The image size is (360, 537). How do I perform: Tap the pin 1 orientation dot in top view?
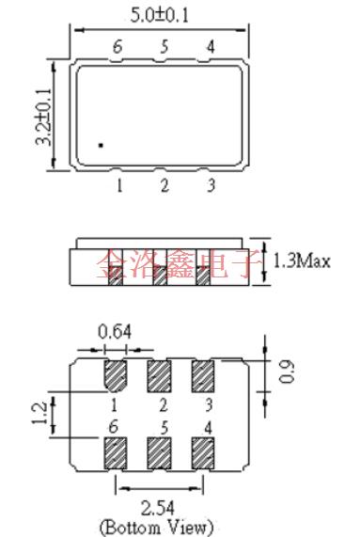tap(101, 145)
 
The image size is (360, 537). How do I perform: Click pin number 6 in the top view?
tap(117, 46)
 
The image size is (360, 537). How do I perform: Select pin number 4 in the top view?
tap(210, 46)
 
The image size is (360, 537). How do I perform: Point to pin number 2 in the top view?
tap(164, 185)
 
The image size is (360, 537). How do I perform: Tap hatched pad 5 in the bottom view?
tap(159, 453)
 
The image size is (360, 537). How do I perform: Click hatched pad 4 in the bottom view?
tap(204, 453)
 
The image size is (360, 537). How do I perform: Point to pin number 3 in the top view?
tap(211, 185)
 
